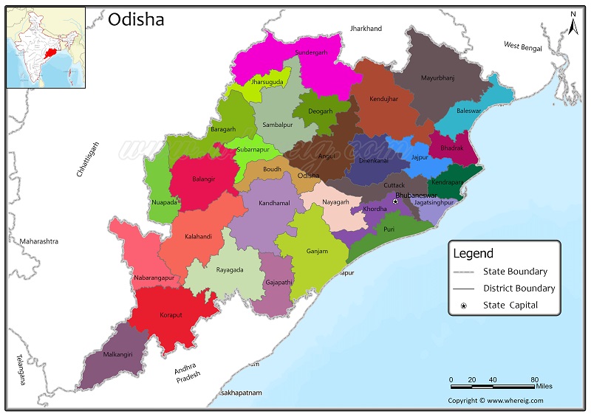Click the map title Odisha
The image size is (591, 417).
(136, 20)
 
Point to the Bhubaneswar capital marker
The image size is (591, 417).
(395, 201)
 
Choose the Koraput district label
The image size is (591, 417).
(170, 315)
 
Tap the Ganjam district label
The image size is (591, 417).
(317, 252)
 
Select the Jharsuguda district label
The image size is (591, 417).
(267, 82)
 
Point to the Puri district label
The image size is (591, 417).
(389, 230)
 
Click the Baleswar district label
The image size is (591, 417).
(468, 111)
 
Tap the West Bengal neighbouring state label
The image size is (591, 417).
(523, 46)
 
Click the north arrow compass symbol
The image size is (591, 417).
(572, 24)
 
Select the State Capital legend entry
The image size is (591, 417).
(510, 305)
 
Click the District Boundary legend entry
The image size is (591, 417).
(519, 288)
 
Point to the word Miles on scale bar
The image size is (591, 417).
(544, 386)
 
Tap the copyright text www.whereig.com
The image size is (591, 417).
(495, 401)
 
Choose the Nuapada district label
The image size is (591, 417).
(164, 201)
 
